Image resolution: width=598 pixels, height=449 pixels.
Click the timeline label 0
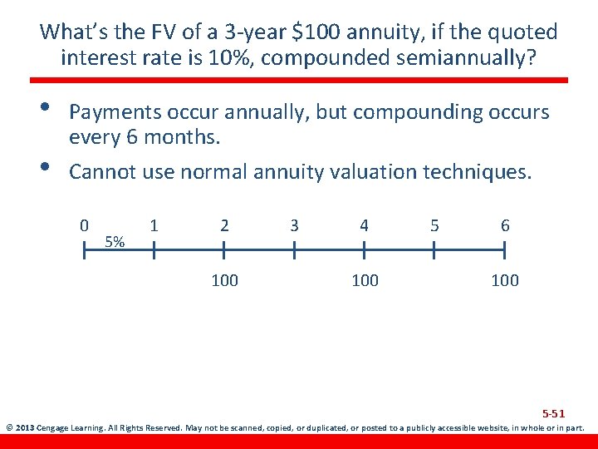pyautogui.click(x=84, y=225)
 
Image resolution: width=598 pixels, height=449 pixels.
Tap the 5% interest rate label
pyautogui.click(x=116, y=242)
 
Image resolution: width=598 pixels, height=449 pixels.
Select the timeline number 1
pyautogui.click(x=154, y=225)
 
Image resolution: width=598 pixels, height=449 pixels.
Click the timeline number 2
pyautogui.click(x=224, y=225)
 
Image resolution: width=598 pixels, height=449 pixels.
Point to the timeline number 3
pyautogui.click(x=294, y=225)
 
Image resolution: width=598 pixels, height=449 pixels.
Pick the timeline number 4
pyautogui.click(x=364, y=225)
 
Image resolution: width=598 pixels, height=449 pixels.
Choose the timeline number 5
pyautogui.click(x=434, y=225)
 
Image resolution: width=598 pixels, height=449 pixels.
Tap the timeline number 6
pyautogui.click(x=505, y=225)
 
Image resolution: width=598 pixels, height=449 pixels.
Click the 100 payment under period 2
pyautogui.click(x=224, y=280)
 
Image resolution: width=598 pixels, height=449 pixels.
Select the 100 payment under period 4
pyautogui.click(x=365, y=280)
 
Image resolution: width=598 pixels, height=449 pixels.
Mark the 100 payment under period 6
pyautogui.click(x=505, y=280)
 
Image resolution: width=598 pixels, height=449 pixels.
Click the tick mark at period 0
pyautogui.click(x=84, y=249)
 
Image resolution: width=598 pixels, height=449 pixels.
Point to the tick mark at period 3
pyautogui.click(x=294, y=249)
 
